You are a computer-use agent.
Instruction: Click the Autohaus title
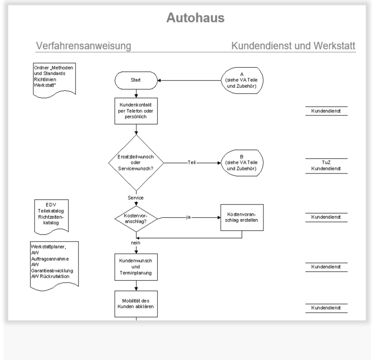(x=195, y=18)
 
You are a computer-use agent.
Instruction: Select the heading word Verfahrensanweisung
(x=83, y=46)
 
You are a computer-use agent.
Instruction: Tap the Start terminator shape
(x=136, y=80)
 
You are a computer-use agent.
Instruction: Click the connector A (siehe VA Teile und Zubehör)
(x=242, y=80)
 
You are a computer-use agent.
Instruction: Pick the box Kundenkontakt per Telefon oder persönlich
(x=136, y=111)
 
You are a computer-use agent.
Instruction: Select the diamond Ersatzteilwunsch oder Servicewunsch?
(x=136, y=163)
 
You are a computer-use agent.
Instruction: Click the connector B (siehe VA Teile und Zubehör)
(x=242, y=163)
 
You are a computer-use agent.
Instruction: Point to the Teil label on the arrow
(x=191, y=163)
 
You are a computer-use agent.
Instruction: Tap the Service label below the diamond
(x=135, y=198)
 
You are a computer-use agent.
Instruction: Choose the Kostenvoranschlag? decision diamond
(x=136, y=219)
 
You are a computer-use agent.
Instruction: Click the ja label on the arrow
(x=188, y=217)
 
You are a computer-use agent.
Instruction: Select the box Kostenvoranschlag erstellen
(x=242, y=217)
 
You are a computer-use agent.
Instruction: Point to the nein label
(x=135, y=243)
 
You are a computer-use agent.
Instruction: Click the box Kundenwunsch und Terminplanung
(x=136, y=267)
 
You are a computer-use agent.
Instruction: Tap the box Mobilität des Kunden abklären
(x=136, y=304)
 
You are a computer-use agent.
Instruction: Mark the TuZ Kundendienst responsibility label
(x=326, y=166)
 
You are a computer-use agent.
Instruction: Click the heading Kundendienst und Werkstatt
(x=293, y=46)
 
